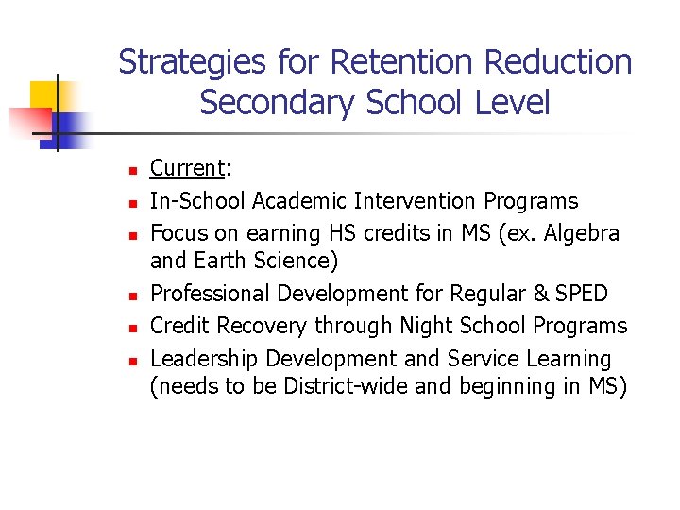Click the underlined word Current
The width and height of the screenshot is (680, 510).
click(186, 168)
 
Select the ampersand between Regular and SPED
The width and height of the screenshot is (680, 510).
click(539, 293)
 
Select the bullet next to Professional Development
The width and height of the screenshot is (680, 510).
click(133, 297)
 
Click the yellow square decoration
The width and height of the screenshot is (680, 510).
click(49, 97)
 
